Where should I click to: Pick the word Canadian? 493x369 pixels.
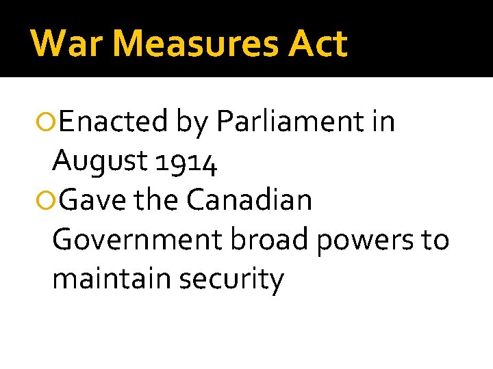(x=249, y=201)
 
